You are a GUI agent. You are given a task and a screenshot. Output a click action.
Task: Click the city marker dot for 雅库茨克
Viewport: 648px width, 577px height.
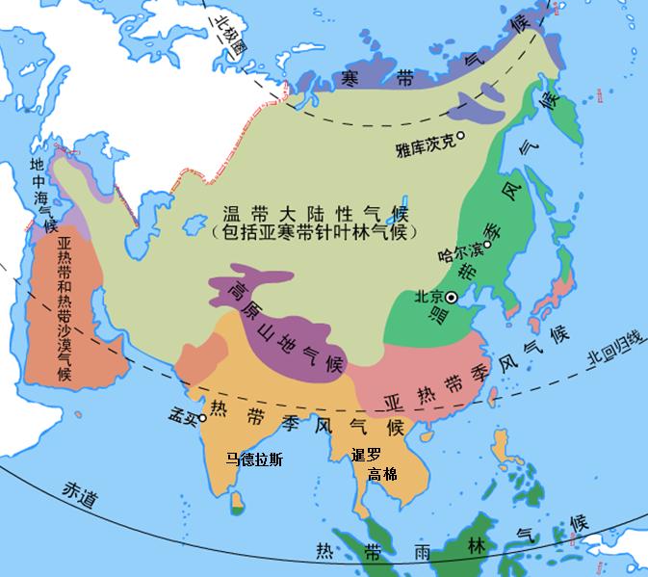460,136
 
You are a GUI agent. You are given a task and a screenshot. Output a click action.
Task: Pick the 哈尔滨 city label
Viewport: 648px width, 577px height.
458,256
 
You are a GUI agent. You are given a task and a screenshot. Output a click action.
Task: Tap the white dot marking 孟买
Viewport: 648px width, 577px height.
203,418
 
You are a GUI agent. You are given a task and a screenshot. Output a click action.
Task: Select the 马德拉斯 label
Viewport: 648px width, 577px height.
255,459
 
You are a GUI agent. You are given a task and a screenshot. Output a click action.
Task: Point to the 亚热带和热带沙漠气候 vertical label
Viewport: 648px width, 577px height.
57,307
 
